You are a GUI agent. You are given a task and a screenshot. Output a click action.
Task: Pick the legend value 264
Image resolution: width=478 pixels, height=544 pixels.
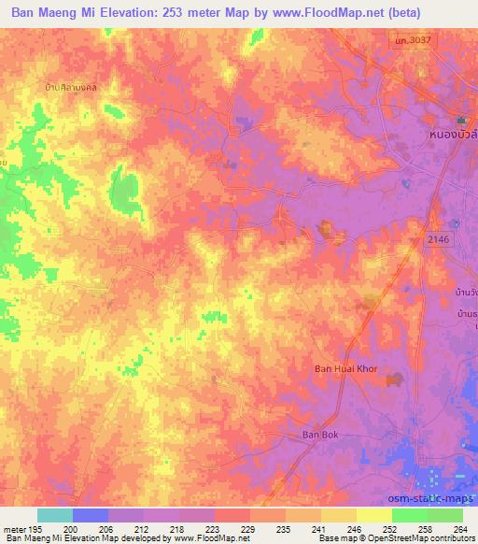tap(462, 528)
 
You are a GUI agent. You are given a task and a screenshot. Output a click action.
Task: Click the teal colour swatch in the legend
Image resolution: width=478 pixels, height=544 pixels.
tap(54, 515)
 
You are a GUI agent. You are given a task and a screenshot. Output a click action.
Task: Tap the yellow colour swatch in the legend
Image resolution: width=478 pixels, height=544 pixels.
tap(373, 515)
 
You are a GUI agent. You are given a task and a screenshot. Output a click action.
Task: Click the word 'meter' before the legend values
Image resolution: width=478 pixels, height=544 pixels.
tap(14, 528)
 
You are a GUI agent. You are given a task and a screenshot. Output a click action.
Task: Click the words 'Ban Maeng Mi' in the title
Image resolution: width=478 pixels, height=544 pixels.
tap(56, 13)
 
